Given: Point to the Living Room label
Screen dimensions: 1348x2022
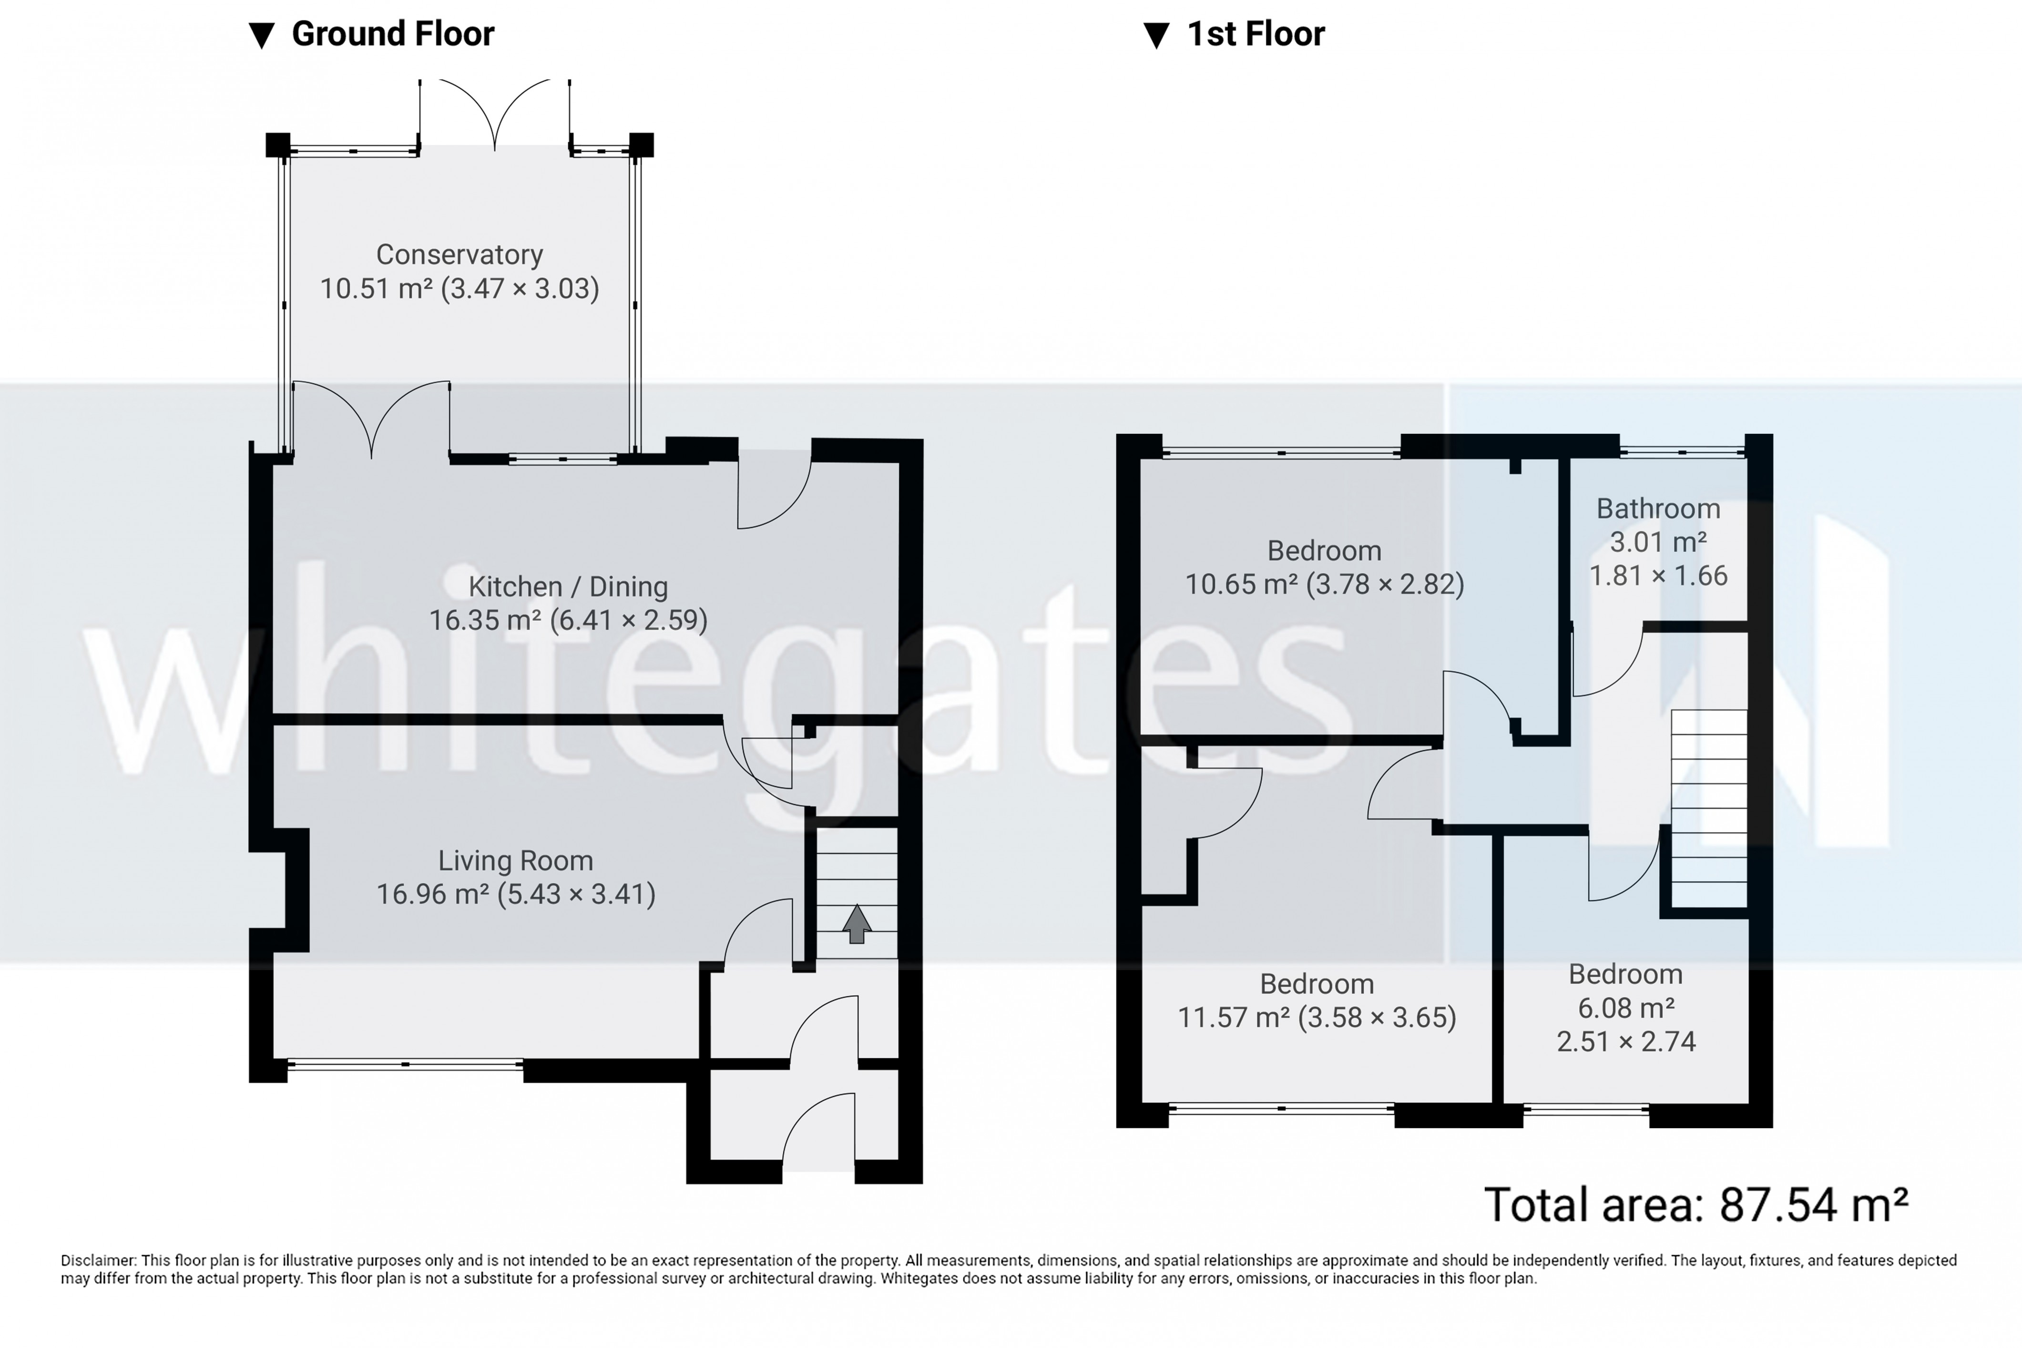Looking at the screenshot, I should coord(515,860).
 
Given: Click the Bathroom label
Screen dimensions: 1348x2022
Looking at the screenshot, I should coord(1657,509).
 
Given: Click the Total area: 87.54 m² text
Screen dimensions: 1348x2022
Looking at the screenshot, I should coord(1695,1205).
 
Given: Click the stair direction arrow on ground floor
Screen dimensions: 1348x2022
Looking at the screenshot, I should coord(856,924).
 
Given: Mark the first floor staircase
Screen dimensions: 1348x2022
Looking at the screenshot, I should coord(1708,808).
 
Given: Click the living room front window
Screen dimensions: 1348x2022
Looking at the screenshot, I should coord(405,1064).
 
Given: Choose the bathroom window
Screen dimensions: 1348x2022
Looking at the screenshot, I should coord(1682,450).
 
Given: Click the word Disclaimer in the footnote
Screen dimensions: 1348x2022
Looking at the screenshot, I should coord(98,1260).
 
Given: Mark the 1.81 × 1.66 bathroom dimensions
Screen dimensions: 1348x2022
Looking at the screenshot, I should coord(1657,575).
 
